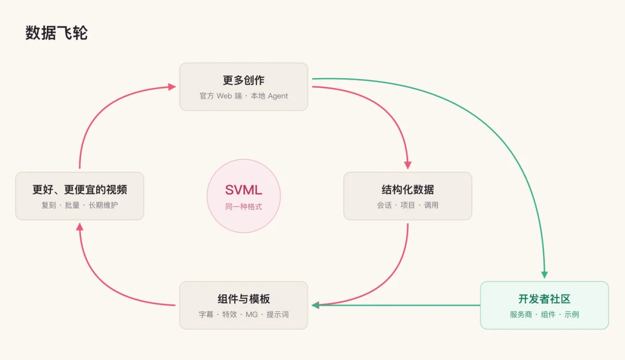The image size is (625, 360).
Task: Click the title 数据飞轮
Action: [x=56, y=33]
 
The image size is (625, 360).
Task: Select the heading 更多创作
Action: [x=244, y=80]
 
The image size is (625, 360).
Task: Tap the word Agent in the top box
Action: [x=278, y=96]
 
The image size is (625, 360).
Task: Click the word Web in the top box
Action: [x=224, y=96]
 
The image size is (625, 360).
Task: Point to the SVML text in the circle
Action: [x=244, y=190]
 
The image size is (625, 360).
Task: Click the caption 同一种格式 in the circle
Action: [x=244, y=207]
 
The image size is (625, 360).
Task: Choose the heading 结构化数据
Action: [x=408, y=189]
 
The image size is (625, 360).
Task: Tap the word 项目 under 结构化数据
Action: [x=408, y=205]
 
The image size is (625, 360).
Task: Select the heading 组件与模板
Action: [x=244, y=299]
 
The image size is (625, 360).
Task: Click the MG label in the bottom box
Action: [x=252, y=314]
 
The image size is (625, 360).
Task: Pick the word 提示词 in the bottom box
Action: [x=277, y=314]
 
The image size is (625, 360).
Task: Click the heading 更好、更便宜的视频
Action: [x=80, y=189]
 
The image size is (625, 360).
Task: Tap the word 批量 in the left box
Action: [x=72, y=205]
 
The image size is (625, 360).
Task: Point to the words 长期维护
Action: [x=103, y=205]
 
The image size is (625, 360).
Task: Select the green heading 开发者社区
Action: [x=544, y=299]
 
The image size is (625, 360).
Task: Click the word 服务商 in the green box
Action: [x=521, y=314]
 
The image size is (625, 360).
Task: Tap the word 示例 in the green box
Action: [x=572, y=314]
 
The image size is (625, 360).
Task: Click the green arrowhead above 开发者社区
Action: [x=545, y=275]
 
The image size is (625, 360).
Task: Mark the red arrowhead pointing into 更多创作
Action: [x=172, y=87]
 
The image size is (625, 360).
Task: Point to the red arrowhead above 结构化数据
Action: [x=408, y=165]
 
